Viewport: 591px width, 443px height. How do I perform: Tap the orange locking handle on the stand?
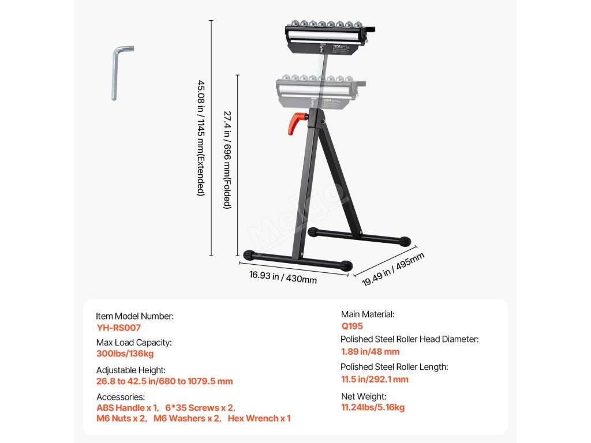[x=296, y=122]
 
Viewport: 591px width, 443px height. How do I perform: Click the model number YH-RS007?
[x=118, y=327]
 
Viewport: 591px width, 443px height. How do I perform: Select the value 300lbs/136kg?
[x=125, y=354]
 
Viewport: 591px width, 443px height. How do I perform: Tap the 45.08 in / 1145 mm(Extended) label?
[x=201, y=138]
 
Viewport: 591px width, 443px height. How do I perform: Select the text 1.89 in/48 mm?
[x=370, y=352]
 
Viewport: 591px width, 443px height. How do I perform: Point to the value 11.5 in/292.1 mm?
[x=375, y=380]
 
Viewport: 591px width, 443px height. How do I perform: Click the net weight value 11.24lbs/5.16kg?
[x=373, y=407]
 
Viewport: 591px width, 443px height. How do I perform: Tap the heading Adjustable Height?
[x=131, y=370]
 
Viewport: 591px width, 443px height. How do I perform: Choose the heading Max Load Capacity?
[x=134, y=342]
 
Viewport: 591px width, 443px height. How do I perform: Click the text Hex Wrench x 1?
[x=259, y=418]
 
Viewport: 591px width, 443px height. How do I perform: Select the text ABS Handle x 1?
[x=126, y=407]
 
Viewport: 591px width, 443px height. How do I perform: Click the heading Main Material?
[x=368, y=314]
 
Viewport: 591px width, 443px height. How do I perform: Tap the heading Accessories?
[x=120, y=397]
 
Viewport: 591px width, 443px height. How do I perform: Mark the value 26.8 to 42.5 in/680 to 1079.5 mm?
[x=164, y=381]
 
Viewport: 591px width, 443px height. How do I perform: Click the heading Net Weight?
[x=363, y=396]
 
